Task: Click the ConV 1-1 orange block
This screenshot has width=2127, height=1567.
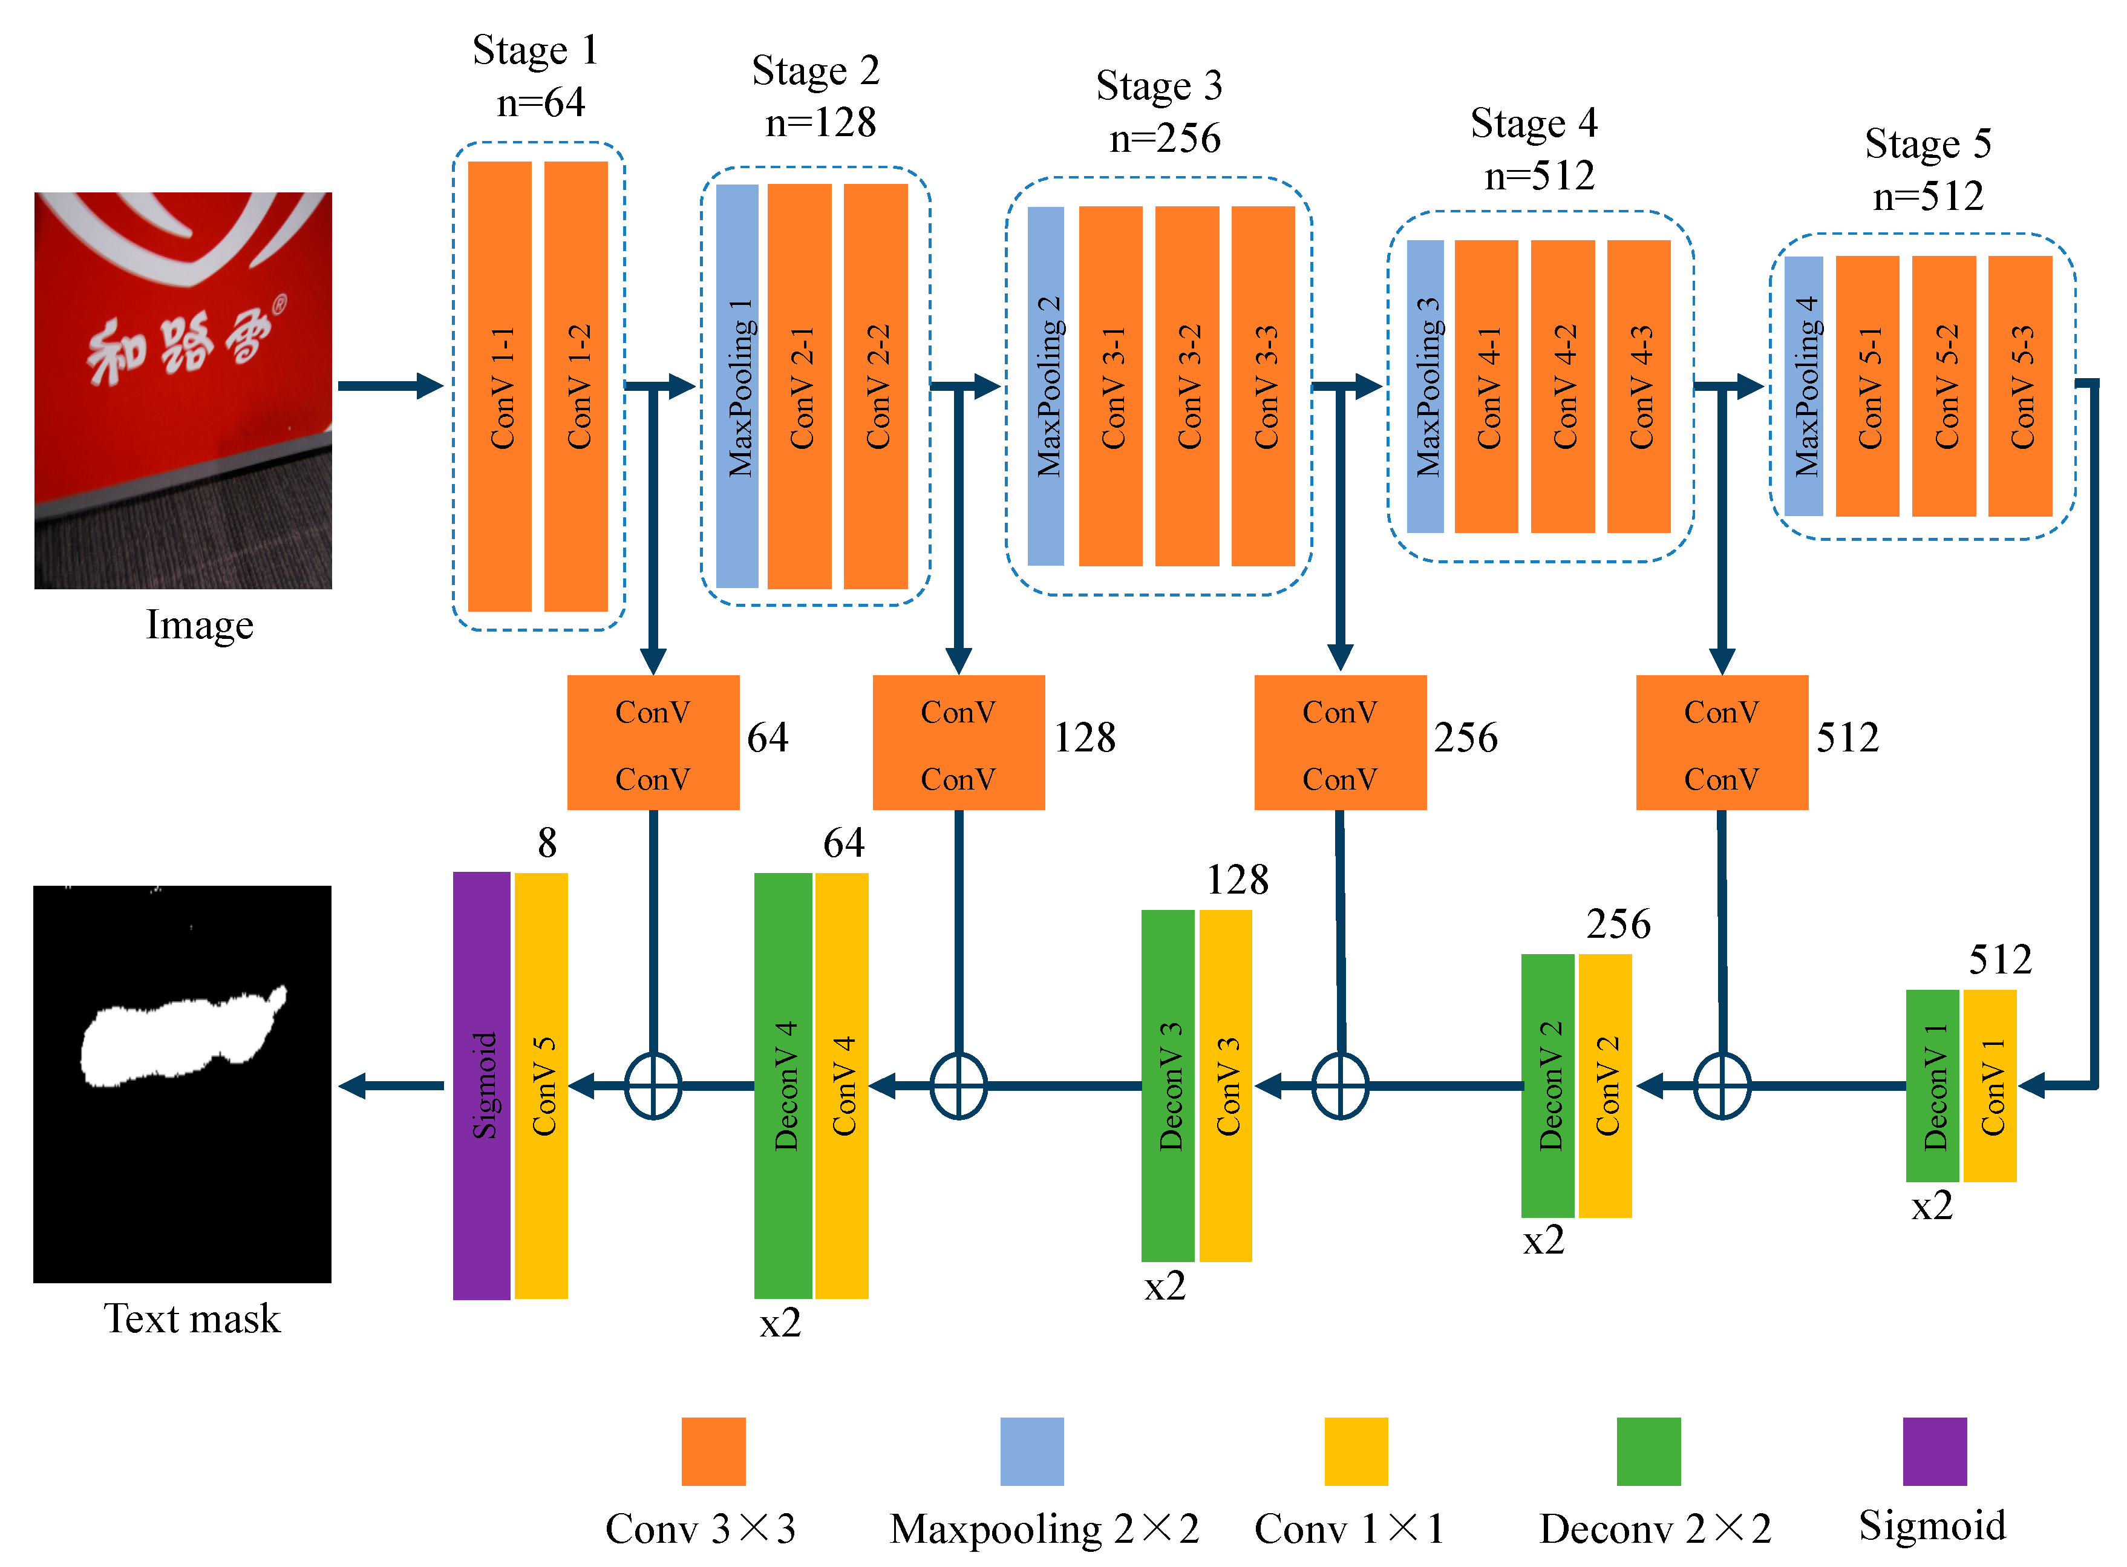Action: (x=500, y=386)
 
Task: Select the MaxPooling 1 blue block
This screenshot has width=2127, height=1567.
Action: (x=737, y=386)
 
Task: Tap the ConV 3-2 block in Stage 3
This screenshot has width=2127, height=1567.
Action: (x=1186, y=386)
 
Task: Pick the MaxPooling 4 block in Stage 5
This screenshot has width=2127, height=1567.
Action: (x=1803, y=386)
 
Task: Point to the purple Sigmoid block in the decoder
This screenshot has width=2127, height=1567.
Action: (x=482, y=1085)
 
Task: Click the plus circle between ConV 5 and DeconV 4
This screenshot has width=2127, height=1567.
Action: (x=652, y=1085)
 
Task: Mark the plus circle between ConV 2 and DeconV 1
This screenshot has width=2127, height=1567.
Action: (x=1721, y=1085)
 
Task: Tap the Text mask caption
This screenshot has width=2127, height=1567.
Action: (x=192, y=1318)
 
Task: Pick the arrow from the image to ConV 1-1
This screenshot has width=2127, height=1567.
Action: (x=390, y=386)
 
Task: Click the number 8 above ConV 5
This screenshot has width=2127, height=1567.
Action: (x=547, y=842)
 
